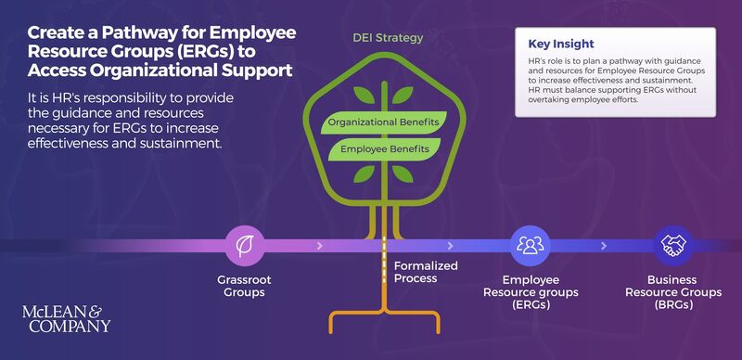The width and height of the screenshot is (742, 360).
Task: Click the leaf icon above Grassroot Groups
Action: pyautogui.click(x=245, y=246)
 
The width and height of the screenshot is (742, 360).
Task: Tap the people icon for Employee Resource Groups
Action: pyautogui.click(x=531, y=246)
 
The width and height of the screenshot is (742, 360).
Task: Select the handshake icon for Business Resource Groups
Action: pyautogui.click(x=672, y=246)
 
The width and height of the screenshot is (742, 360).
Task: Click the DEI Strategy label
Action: pyautogui.click(x=388, y=38)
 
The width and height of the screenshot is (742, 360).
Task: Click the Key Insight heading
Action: pyautogui.click(x=560, y=44)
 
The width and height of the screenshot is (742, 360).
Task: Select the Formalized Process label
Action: pyautogui.click(x=426, y=272)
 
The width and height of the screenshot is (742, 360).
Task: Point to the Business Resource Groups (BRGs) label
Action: pyautogui.click(x=672, y=291)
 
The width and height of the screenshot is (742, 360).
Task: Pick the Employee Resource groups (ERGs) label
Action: pyautogui.click(x=531, y=291)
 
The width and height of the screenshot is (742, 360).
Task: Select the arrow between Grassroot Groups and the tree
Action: pyautogui.click(x=320, y=246)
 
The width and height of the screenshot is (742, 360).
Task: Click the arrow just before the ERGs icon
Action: pyautogui.click(x=451, y=246)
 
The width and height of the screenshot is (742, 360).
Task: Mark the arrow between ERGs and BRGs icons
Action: pyautogui.click(x=603, y=246)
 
